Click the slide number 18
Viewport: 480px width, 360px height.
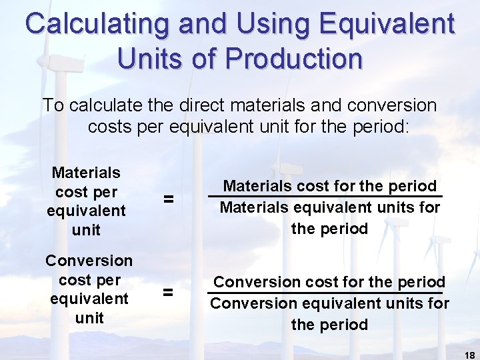click(x=469, y=355)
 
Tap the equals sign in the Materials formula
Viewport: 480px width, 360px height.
click(x=169, y=199)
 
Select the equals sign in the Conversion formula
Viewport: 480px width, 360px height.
click(x=169, y=291)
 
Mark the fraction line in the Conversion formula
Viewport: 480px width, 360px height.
click(x=329, y=293)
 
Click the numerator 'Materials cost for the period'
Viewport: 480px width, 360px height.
click(x=330, y=186)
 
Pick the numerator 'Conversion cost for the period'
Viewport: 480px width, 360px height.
click(x=329, y=282)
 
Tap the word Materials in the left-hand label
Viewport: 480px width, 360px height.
click(x=86, y=173)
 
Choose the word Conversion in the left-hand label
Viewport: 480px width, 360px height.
click(x=89, y=260)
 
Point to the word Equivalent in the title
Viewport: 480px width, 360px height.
click(x=386, y=25)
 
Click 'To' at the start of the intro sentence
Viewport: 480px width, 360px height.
click(x=54, y=105)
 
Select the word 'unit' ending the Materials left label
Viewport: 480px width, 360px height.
click(x=86, y=231)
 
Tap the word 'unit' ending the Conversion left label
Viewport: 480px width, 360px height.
click(x=89, y=318)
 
